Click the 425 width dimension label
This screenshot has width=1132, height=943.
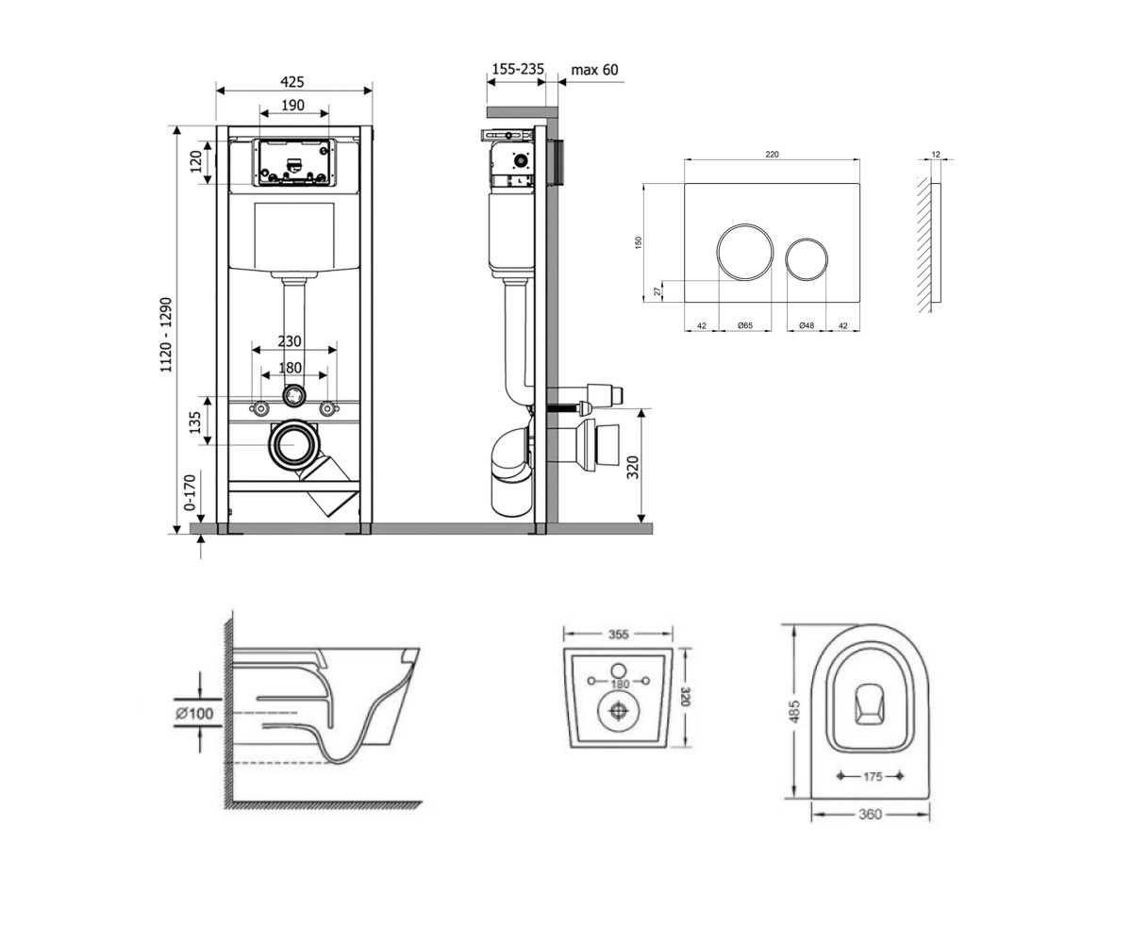292,82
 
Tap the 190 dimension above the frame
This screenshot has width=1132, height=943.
292,105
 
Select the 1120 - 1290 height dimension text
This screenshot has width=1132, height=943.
165,335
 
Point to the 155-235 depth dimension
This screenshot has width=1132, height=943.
518,70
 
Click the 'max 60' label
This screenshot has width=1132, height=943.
594,70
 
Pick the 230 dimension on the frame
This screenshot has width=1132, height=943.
290,341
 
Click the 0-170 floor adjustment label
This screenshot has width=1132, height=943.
190,492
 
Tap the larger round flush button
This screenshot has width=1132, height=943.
744,252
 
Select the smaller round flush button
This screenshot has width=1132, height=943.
807,259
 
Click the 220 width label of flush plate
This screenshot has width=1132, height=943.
772,155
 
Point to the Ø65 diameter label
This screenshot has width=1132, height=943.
745,325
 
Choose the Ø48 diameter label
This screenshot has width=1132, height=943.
807,325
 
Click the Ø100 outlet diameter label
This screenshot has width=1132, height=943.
194,713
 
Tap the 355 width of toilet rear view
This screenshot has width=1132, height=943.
618,634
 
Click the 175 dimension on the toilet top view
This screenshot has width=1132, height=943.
873,777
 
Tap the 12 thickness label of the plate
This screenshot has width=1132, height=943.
936,155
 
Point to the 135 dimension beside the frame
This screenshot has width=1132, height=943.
194,422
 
